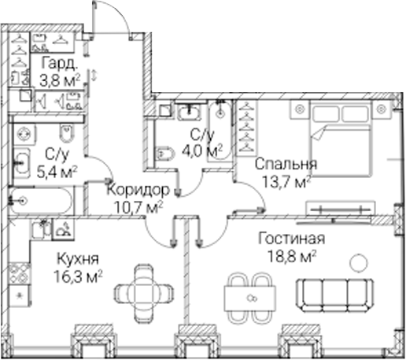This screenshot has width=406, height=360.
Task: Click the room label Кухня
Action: point(78,259)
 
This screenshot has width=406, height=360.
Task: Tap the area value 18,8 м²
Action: point(291,257)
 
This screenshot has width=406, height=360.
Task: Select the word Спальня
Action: point(286,164)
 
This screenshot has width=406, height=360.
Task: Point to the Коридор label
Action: point(138,189)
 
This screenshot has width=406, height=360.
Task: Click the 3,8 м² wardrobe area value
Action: point(60,80)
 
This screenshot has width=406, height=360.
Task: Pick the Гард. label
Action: point(60,63)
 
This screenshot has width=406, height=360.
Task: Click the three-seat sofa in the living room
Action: point(335,295)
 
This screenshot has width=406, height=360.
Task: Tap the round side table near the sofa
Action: point(359,262)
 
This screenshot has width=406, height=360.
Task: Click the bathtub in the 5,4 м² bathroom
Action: point(40,201)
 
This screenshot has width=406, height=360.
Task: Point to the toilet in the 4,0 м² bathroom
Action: point(164,154)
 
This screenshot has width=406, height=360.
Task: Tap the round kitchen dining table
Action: point(143,291)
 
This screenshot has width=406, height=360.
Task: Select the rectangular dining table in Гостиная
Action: point(250,299)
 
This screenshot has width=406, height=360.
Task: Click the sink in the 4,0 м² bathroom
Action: point(189,111)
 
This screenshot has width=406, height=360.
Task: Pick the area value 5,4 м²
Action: point(57,173)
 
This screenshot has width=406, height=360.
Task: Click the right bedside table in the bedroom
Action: point(382,109)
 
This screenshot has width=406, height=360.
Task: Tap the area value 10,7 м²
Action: point(138,207)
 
